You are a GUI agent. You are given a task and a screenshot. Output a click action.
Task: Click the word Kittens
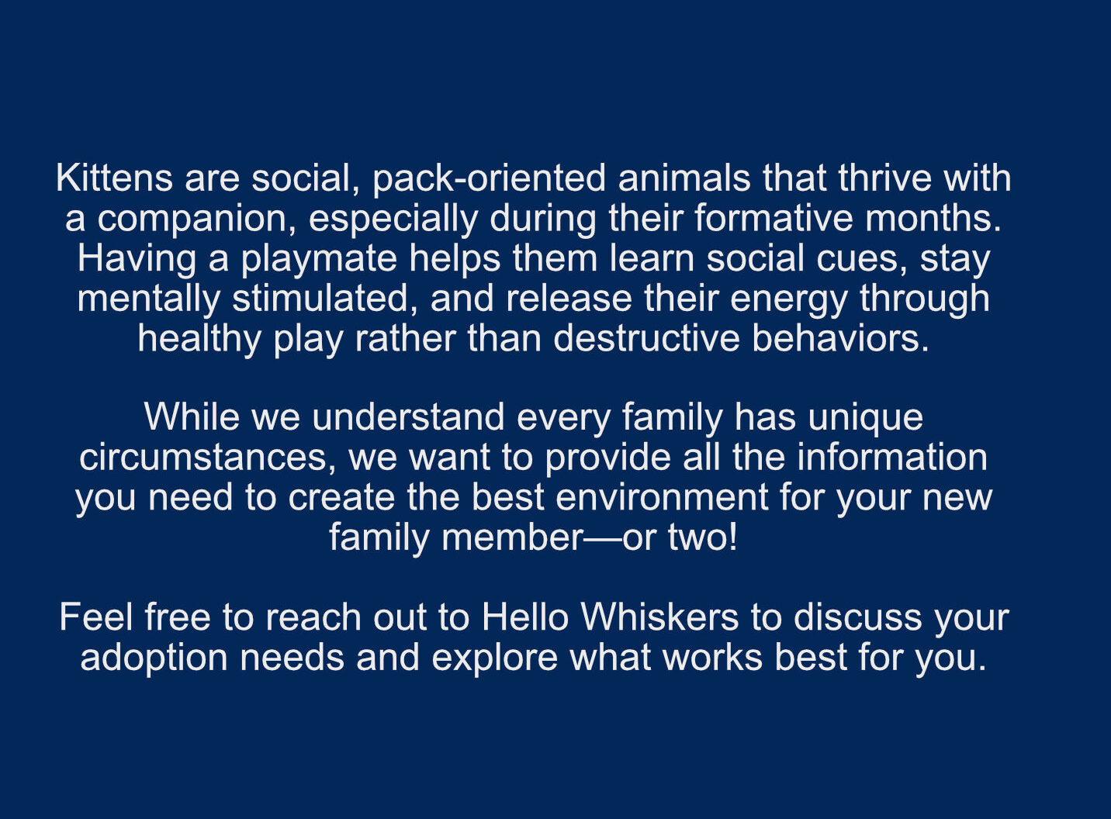(114, 178)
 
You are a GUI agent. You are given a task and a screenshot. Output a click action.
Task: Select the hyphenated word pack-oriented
(489, 179)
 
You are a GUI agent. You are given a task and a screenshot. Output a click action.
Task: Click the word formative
(774, 218)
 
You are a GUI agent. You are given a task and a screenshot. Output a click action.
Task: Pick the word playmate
(320, 260)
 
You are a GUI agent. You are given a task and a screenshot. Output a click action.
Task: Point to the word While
(193, 417)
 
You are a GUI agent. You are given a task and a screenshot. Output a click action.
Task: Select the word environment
(662, 498)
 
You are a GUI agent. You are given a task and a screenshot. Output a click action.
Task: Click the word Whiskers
(659, 617)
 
